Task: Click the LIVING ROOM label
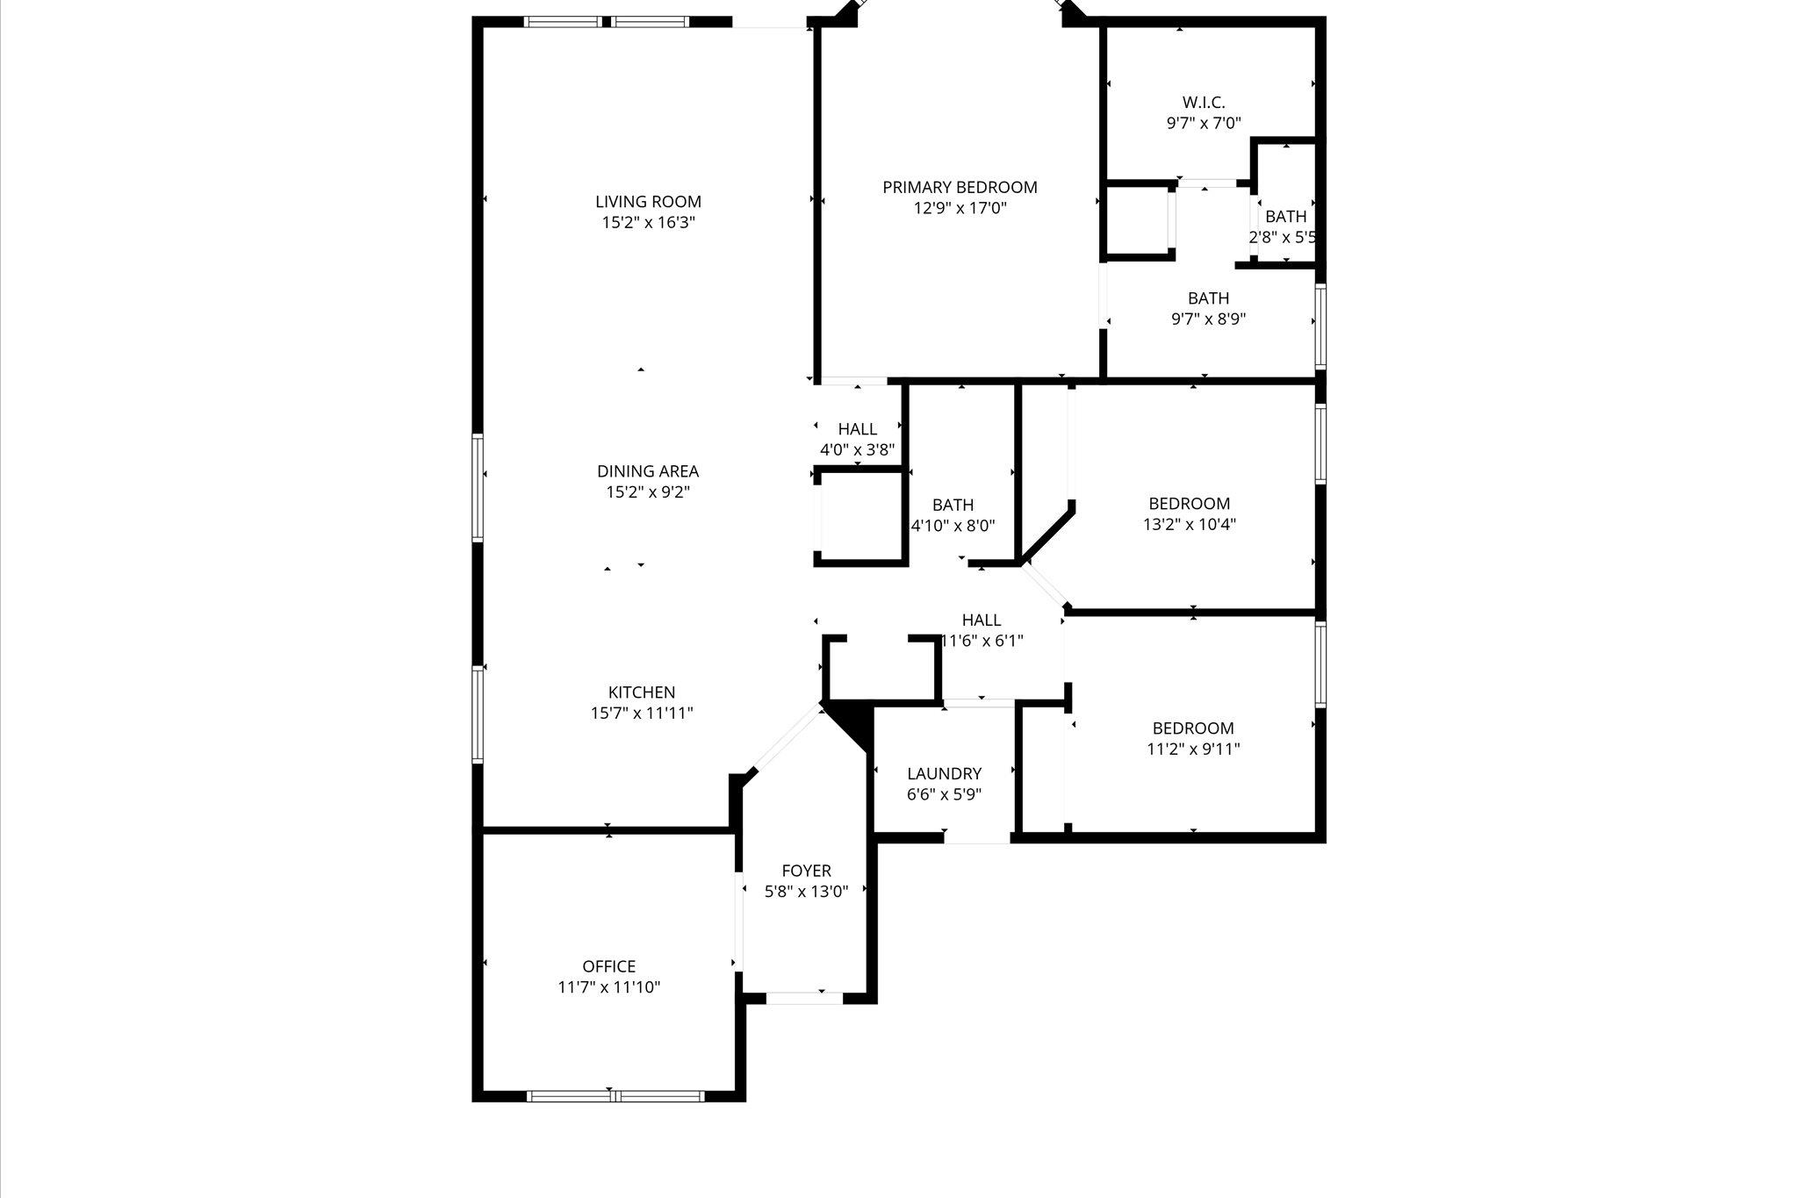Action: [648, 202]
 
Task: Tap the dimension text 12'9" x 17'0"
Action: [960, 209]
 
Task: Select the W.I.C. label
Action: [1203, 103]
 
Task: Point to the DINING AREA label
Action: [648, 471]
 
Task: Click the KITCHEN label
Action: [642, 692]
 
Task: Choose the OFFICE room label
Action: [608, 966]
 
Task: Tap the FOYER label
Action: [806, 871]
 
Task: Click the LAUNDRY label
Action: [944, 774]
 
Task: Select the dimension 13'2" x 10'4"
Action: [1189, 525]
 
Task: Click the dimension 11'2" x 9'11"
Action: [1193, 750]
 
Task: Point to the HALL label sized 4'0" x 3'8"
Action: [857, 429]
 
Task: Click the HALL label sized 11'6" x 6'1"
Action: [981, 621]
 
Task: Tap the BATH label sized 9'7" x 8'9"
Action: [1208, 298]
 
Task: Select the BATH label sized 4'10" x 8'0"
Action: [953, 505]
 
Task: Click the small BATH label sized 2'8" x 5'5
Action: [1285, 217]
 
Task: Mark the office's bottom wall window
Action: [615, 1095]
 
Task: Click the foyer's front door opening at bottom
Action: [804, 998]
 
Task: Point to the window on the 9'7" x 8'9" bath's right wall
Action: [1320, 325]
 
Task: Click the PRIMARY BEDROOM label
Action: [960, 187]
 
